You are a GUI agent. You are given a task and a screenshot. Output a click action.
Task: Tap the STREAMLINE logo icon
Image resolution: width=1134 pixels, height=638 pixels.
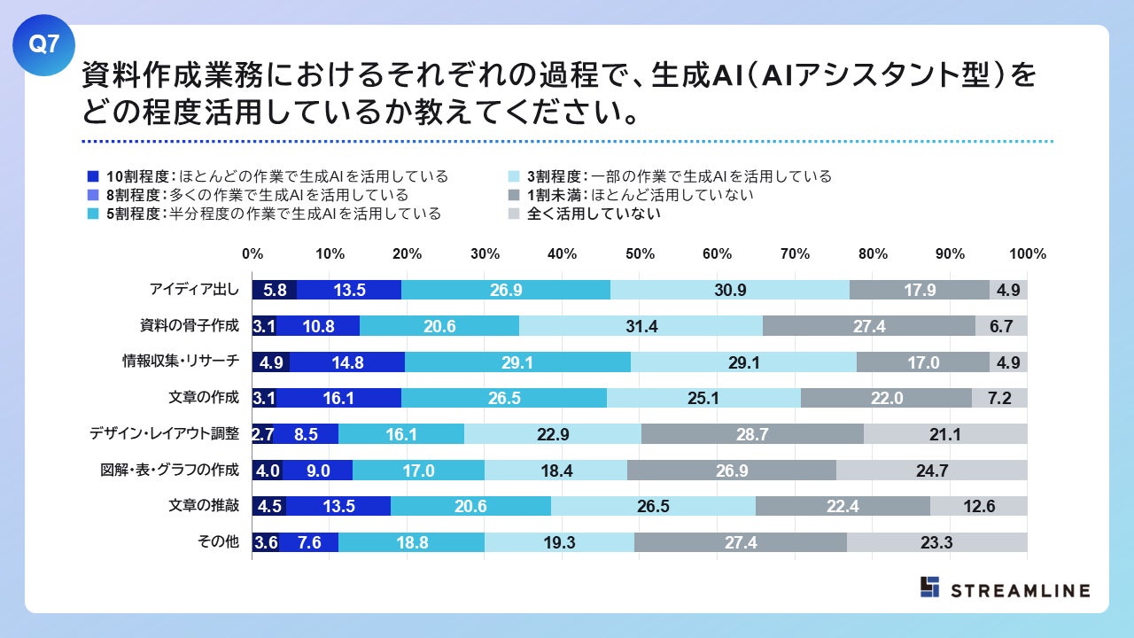coord(929,587)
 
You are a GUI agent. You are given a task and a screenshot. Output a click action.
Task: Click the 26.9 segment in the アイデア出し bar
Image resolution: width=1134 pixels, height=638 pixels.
coord(506,290)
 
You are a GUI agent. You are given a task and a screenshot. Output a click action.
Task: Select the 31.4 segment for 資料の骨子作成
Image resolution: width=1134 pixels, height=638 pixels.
coord(641,326)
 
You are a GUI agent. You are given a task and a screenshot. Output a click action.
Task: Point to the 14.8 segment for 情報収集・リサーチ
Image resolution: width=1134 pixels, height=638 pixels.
coord(346,362)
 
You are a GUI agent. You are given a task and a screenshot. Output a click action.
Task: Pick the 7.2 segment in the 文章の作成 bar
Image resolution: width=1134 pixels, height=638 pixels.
coord(999,398)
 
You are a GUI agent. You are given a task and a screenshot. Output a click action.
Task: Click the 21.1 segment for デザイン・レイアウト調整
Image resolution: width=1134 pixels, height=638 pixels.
coord(945,434)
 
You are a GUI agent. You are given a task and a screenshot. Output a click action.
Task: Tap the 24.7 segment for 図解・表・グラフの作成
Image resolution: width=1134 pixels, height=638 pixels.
coord(932,471)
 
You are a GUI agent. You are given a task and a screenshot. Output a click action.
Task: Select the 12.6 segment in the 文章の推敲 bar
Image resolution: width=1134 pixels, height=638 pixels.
coord(979,506)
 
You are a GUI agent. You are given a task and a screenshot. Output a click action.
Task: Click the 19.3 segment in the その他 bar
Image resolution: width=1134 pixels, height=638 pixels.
coord(559,542)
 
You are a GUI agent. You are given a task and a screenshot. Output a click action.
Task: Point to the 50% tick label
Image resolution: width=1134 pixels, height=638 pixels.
coord(641,254)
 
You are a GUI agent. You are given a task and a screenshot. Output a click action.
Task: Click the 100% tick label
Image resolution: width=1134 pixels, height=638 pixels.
coord(1028,254)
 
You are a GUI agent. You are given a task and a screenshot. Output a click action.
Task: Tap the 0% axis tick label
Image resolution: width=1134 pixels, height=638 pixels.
coord(252,254)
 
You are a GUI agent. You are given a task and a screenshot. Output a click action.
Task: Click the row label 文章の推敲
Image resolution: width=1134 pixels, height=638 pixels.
coord(204,506)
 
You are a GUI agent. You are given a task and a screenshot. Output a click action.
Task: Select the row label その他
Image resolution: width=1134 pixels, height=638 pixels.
coord(218,542)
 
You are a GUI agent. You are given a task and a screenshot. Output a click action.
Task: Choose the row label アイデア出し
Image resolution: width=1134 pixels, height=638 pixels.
coord(195,290)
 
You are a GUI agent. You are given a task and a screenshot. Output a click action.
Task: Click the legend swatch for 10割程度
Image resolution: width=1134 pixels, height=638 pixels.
coord(93,176)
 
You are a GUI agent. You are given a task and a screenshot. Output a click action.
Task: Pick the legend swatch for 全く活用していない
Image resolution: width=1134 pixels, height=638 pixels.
coord(513,214)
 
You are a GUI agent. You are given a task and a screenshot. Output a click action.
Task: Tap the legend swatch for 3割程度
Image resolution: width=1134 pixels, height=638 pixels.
coord(513,176)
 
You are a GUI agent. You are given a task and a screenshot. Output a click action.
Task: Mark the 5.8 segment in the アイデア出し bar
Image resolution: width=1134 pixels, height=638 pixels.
coord(275,290)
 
